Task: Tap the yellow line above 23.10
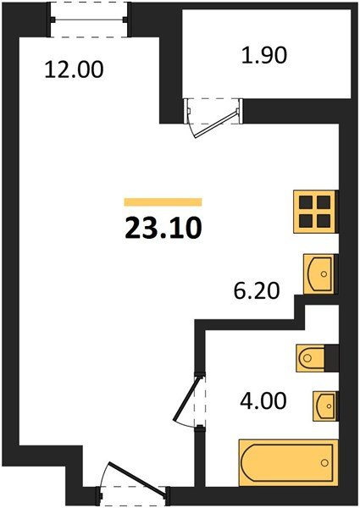[x=163, y=202]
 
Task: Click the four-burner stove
[x=315, y=212]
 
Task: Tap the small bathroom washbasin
[x=324, y=405]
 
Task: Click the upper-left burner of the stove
[x=307, y=203]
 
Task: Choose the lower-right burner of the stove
[x=324, y=221]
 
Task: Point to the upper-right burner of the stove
[x=324, y=203]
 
